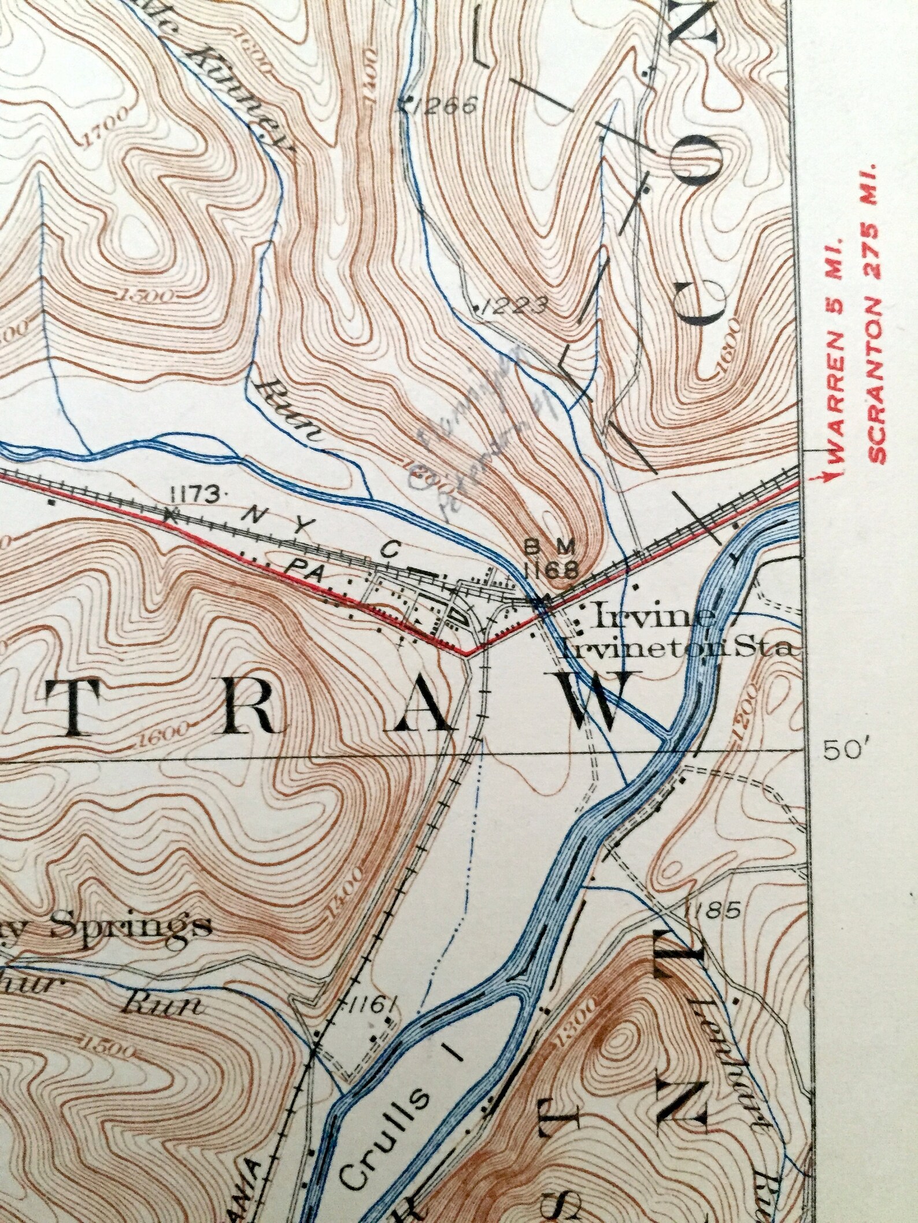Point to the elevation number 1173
pyautogui.click(x=195, y=493)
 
